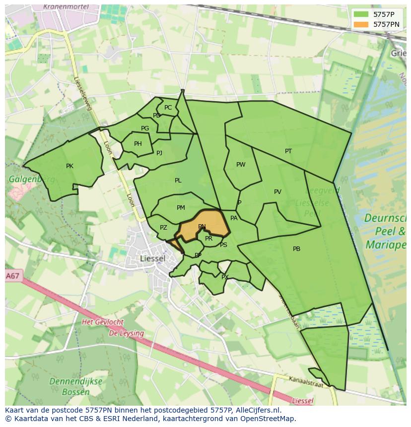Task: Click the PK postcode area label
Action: (x=69, y=166)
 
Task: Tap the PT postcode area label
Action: (x=288, y=151)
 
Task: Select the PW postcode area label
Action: (x=241, y=165)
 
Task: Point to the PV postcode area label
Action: (x=277, y=192)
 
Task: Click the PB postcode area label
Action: (x=296, y=249)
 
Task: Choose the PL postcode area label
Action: (x=178, y=181)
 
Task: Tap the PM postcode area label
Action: (x=181, y=208)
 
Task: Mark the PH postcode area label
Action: (x=138, y=144)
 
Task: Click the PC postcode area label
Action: (x=168, y=108)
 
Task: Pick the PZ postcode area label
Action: (x=163, y=228)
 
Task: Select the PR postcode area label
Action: (x=208, y=239)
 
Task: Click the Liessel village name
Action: (x=153, y=258)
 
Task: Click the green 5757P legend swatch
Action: (x=361, y=14)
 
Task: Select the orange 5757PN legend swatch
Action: (x=361, y=24)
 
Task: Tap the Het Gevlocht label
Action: (x=102, y=322)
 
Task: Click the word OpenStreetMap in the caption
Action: (x=269, y=419)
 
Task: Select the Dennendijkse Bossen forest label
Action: (x=75, y=387)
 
